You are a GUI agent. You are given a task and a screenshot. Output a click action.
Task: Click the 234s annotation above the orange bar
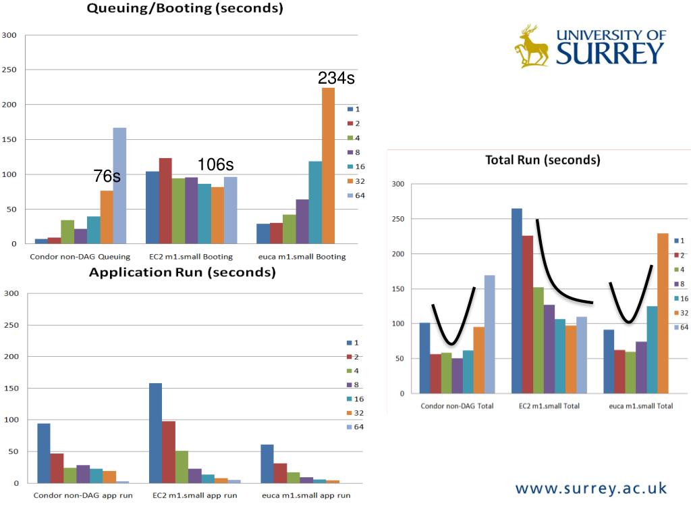pyautogui.click(x=336, y=78)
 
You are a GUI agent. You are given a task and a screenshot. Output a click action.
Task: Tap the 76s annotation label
pyautogui.click(x=107, y=176)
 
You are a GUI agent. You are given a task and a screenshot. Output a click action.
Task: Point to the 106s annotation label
pyautogui.click(x=215, y=165)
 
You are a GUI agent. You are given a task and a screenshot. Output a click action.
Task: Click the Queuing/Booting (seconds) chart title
pyautogui.click(x=185, y=9)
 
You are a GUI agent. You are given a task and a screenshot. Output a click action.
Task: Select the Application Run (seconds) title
pyautogui.click(x=182, y=272)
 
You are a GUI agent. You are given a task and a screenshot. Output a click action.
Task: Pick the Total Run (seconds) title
pyautogui.click(x=543, y=160)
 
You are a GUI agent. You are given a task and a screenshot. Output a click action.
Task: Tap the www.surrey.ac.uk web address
pyautogui.click(x=591, y=488)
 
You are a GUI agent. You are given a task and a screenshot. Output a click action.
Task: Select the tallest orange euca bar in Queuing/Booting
pyautogui.click(x=328, y=166)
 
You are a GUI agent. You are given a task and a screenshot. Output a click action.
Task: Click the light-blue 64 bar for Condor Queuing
pyautogui.click(x=119, y=185)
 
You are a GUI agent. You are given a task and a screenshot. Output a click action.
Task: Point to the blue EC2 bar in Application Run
pyautogui.click(x=155, y=432)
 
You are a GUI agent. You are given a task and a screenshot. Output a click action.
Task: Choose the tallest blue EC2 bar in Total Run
pyautogui.click(x=517, y=301)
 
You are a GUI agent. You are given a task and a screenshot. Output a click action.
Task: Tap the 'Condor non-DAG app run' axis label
pyautogui.click(x=84, y=495)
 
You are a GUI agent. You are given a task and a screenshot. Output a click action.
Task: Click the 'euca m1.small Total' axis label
pyautogui.click(x=640, y=406)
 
